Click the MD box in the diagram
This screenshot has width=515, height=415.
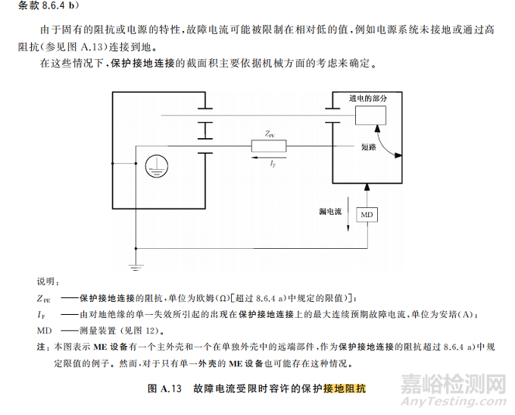pos(367,215)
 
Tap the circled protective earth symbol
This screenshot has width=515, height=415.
pos(154,163)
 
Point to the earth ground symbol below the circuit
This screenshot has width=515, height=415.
pos(136,266)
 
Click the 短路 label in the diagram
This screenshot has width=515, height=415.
pos(348,147)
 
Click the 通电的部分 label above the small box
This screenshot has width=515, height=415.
pos(368,99)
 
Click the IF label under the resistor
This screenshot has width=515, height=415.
pos(273,164)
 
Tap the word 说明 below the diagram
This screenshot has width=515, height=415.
pos(47,281)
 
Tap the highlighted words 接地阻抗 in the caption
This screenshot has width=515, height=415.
pos(345,388)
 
